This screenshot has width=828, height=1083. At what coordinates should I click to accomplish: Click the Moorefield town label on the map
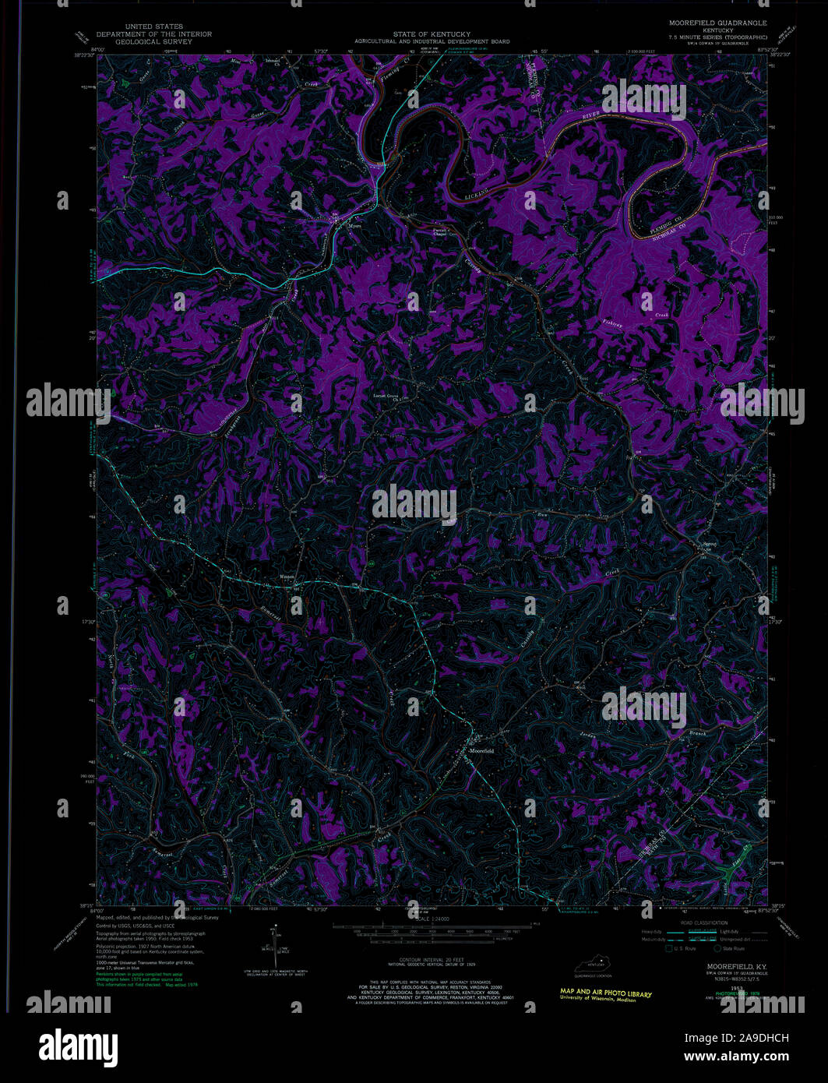[483, 750]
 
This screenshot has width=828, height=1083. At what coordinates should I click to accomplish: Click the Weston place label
[287, 577]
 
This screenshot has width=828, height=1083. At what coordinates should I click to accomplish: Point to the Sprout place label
[708, 545]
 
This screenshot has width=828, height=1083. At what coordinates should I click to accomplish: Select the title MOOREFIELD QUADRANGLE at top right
[717, 23]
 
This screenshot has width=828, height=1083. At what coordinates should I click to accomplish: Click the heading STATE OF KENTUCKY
[432, 34]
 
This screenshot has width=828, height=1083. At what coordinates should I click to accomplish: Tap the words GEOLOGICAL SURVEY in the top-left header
[153, 41]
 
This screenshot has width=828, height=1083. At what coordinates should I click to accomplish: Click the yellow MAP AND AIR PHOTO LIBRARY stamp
[605, 994]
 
